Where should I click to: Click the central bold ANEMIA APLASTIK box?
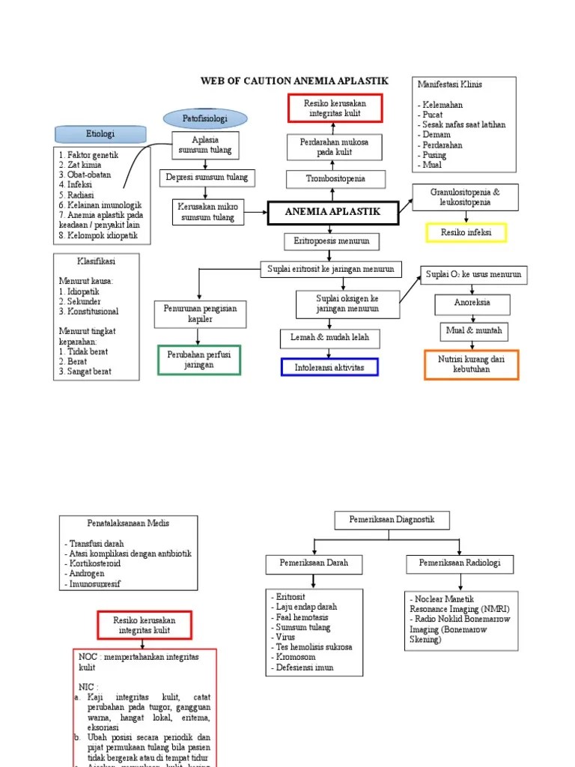coord(333,213)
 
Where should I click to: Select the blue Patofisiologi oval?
coord(204,119)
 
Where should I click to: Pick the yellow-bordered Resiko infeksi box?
coord(466,233)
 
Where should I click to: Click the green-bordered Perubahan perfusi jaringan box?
coord(199,360)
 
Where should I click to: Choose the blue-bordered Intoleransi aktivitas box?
coord(329,368)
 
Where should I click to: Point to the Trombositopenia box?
coord(336,179)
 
